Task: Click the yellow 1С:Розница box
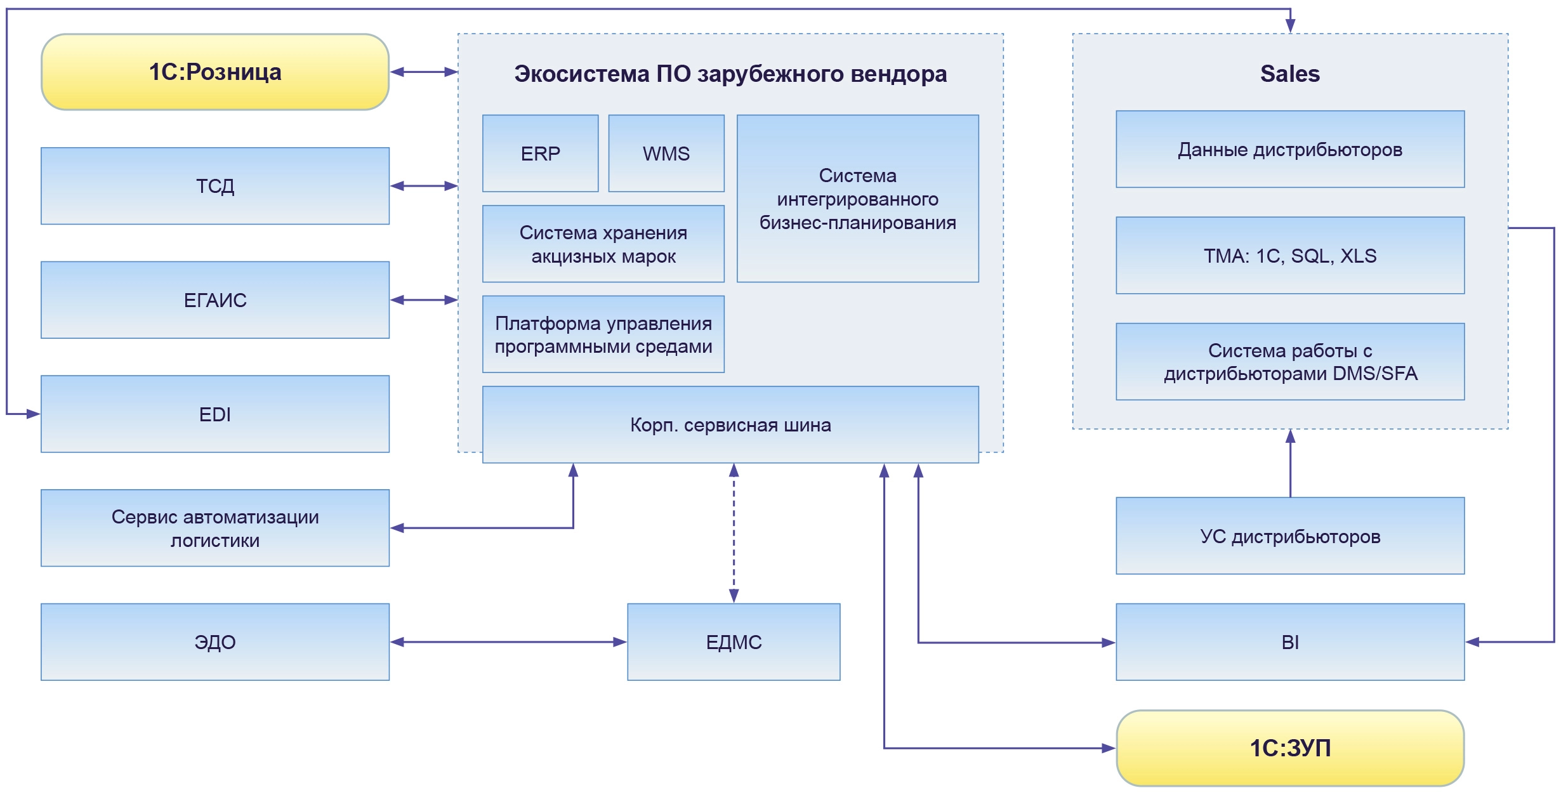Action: pos(214,72)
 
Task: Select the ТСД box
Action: pos(214,186)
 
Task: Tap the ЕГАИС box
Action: pos(214,299)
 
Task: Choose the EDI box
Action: pos(214,414)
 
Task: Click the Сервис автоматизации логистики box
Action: pos(214,528)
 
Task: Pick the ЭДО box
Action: pos(214,642)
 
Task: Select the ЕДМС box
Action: pos(734,642)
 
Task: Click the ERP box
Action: pos(540,154)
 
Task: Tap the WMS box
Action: pos(666,154)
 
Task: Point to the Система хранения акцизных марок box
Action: pos(603,244)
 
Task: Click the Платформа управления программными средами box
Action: pos(603,334)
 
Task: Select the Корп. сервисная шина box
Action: pos(730,424)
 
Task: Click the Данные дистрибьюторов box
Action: pos(1290,149)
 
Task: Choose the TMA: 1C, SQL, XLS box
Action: pos(1290,256)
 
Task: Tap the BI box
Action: pos(1290,642)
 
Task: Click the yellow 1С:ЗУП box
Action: pos(1290,748)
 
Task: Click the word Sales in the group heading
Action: pos(1290,74)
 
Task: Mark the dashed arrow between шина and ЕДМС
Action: pos(734,533)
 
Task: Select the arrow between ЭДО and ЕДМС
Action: pos(508,642)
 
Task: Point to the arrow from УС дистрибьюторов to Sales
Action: pos(1290,463)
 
